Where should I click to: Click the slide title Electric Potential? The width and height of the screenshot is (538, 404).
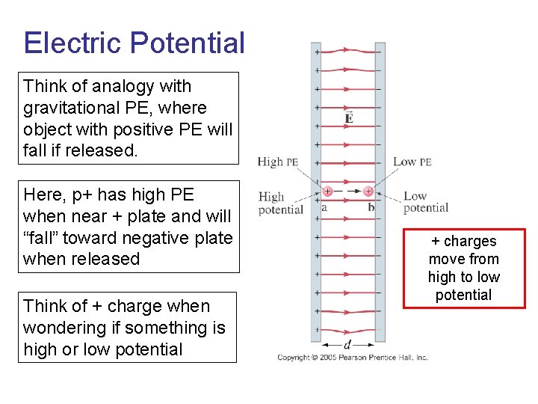pyautogui.click(x=134, y=43)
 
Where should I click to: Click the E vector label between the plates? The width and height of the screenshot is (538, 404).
pyautogui.click(x=349, y=117)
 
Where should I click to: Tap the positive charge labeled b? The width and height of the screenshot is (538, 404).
pyautogui.click(x=368, y=191)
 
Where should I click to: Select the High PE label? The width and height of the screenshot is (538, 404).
pyautogui.click(x=278, y=161)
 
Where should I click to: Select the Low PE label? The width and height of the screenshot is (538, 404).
pyautogui.click(x=412, y=161)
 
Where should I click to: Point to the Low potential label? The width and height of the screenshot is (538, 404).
pyautogui.click(x=426, y=202)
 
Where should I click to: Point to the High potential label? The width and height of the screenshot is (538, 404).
pyautogui.click(x=280, y=203)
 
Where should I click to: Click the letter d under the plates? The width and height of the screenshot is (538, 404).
pyautogui.click(x=348, y=344)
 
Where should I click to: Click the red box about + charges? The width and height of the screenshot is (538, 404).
pyautogui.click(x=463, y=267)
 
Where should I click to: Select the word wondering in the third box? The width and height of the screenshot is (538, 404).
pyautogui.click(x=62, y=328)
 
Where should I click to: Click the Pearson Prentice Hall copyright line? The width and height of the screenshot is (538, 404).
pyautogui.click(x=352, y=358)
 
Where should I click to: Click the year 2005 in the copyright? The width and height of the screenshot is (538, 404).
pyautogui.click(x=329, y=358)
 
